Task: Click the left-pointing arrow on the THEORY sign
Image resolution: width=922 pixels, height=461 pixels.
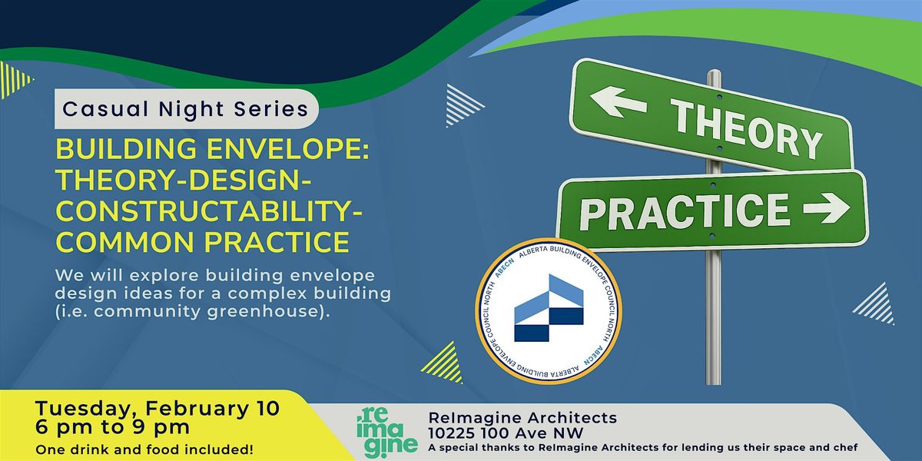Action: pos(619,101)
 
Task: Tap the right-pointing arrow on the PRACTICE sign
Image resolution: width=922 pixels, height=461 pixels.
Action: pos(827,208)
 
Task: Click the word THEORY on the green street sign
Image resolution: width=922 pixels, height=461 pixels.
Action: pos(746,128)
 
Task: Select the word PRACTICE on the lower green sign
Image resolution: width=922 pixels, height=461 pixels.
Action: pos(685,212)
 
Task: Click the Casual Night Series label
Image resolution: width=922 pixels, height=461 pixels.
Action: pos(186,109)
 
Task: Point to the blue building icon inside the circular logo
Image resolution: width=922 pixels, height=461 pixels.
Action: pos(549,308)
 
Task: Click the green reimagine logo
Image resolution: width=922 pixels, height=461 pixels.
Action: pos(387,433)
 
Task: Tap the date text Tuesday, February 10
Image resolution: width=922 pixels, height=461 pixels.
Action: pos(158,408)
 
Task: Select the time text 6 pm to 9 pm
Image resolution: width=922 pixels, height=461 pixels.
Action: pos(112,427)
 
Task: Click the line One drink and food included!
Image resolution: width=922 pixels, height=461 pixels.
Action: pos(144,449)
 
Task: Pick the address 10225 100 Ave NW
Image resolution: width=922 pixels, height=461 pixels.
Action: pos(506,433)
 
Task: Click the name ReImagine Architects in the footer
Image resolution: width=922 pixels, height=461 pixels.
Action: pos(522,417)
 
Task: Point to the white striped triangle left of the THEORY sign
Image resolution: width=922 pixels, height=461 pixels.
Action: pos(462,105)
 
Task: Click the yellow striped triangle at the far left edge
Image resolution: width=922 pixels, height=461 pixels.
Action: pos(15,80)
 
